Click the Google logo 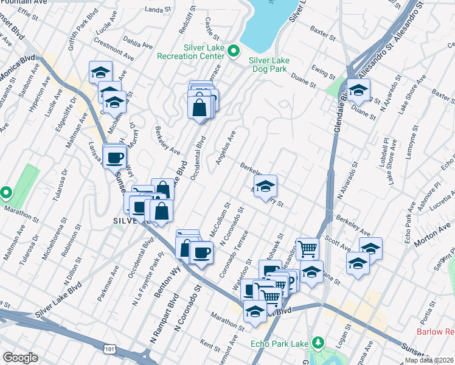pyautogui.click(x=21, y=358)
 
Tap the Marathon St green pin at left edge pyautogui.click(x=6, y=193)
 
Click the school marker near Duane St pyautogui.click(x=359, y=91)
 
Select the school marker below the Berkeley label pyautogui.click(x=265, y=187)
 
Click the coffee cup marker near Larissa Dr pyautogui.click(x=114, y=158)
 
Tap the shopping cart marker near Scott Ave pyautogui.click(x=308, y=248)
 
